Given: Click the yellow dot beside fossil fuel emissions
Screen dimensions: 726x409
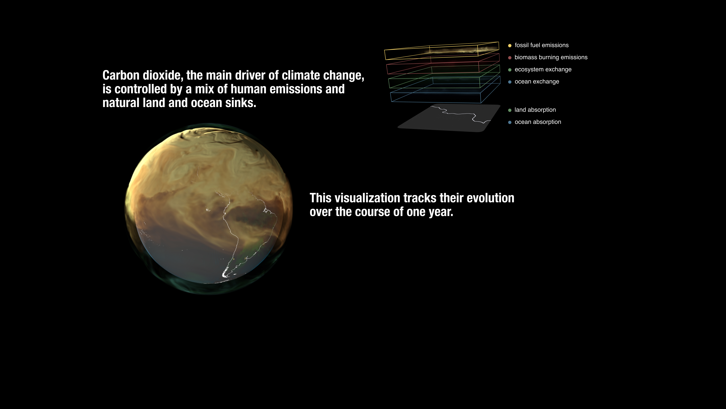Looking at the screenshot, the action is pos(510,45).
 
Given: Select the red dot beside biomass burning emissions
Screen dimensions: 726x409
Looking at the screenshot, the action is pos(510,58).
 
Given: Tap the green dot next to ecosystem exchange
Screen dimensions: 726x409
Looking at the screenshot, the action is pos(510,70).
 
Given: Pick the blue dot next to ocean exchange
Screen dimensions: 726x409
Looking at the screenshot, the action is pos(510,82).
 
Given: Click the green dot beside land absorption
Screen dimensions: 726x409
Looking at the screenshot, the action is pos(510,110).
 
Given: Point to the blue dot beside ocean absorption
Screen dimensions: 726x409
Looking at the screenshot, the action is pos(510,122).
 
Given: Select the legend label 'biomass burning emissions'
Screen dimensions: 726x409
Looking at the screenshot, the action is pos(551,57).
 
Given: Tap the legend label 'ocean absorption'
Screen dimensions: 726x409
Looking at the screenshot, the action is pos(538,122).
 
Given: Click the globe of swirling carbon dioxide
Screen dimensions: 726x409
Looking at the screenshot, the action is pos(209,209).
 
